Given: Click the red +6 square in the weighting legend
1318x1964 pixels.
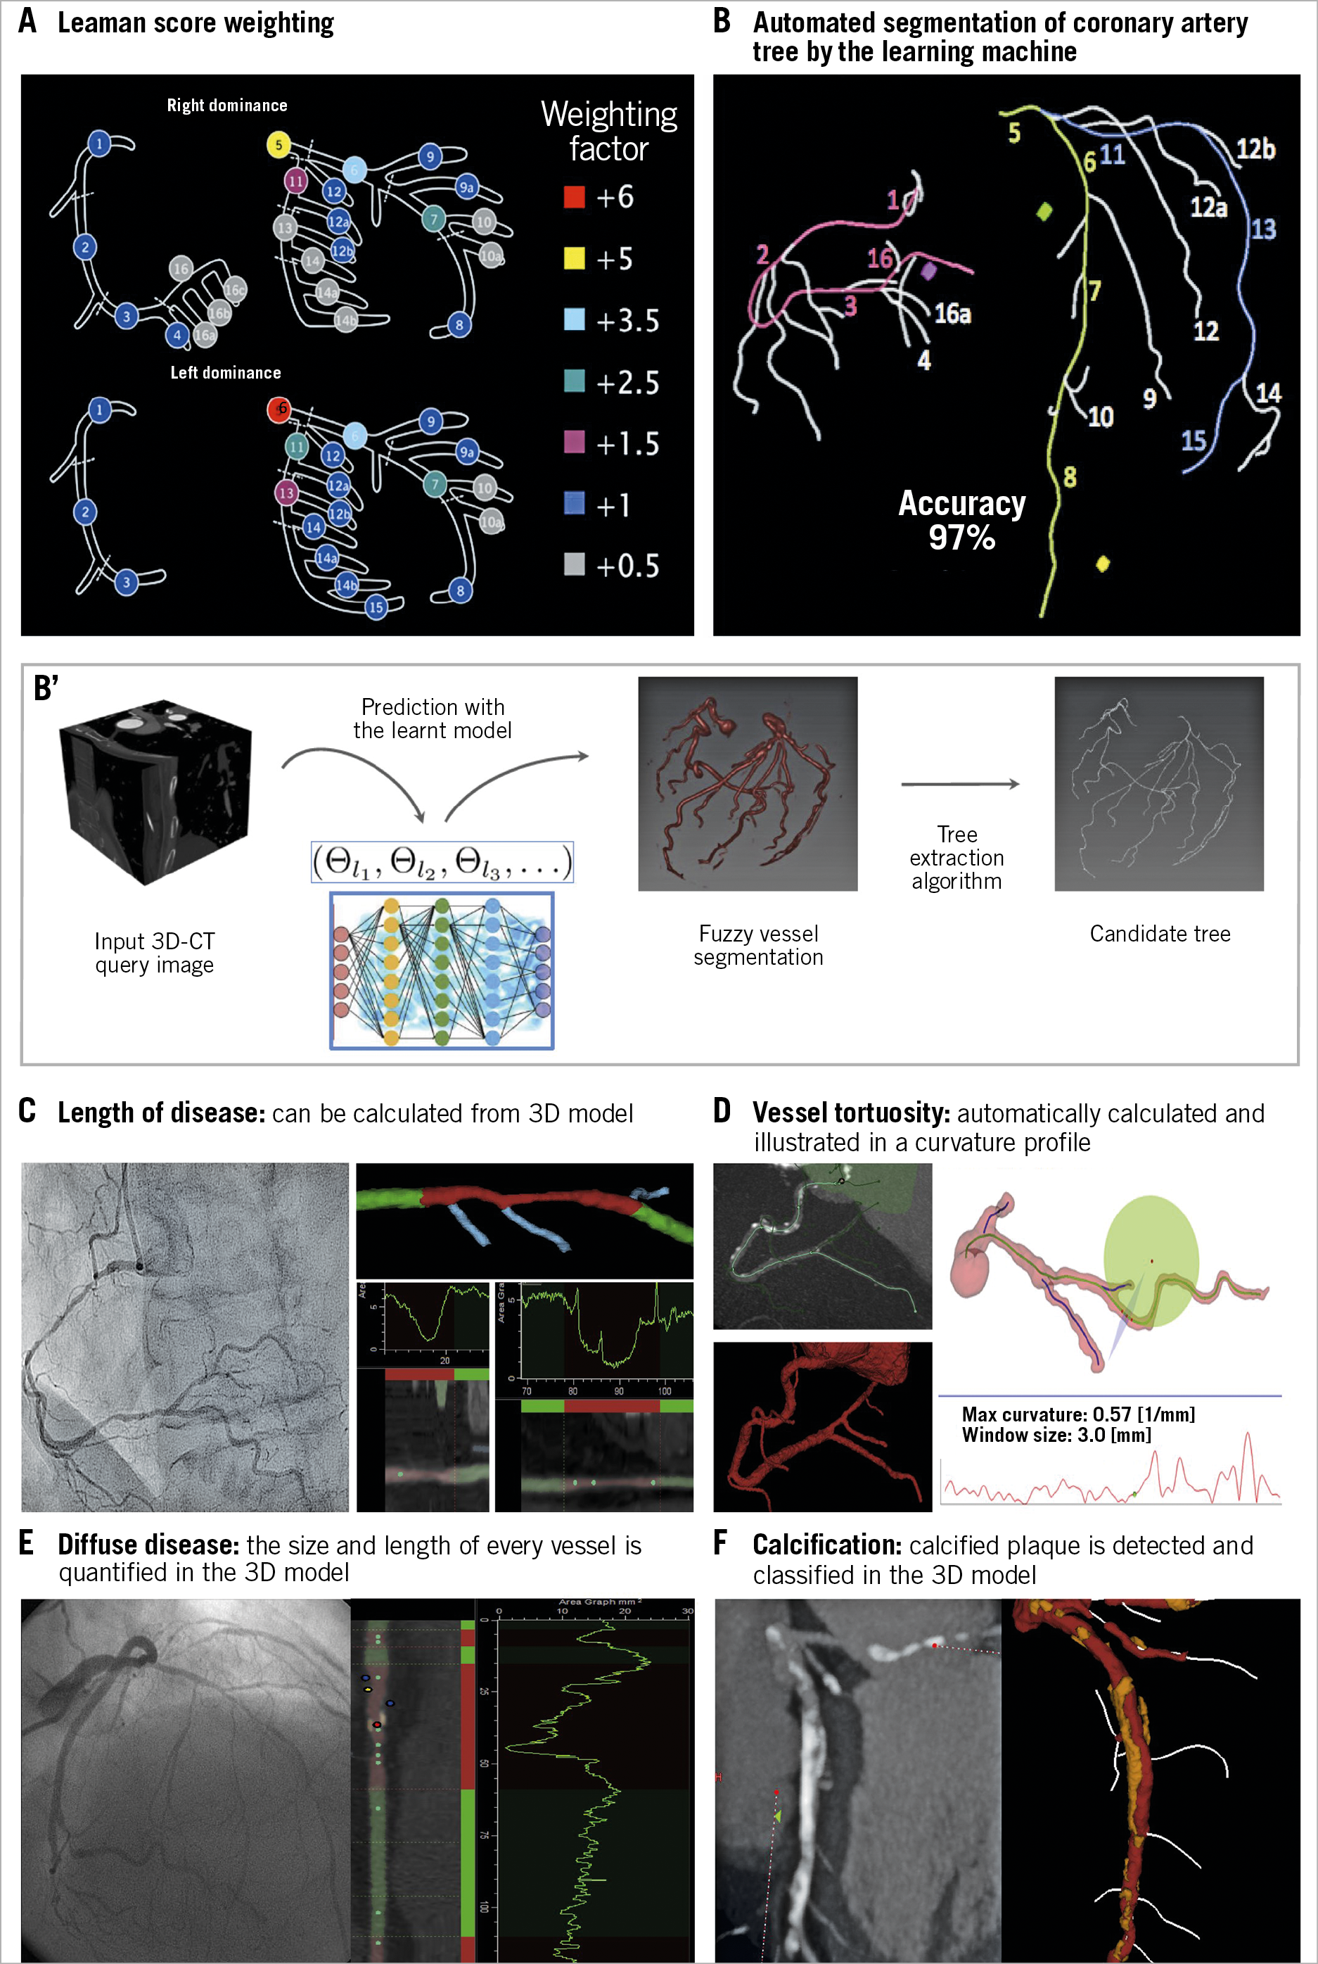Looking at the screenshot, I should click(574, 198).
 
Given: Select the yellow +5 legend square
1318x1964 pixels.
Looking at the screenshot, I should click(574, 259).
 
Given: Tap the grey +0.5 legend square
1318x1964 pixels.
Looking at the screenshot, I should click(574, 564).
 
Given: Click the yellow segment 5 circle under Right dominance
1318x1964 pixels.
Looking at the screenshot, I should click(279, 145).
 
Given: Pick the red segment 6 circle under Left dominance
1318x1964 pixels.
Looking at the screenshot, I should click(279, 410).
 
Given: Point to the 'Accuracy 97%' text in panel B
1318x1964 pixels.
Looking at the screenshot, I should click(961, 519).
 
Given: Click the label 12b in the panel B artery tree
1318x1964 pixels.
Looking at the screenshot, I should click(1254, 150).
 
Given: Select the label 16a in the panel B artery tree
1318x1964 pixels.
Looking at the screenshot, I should click(952, 314).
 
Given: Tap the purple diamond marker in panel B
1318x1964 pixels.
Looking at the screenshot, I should click(928, 271).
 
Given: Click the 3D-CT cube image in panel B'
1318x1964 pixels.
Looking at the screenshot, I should click(155, 791).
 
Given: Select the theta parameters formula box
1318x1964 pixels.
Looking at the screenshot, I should click(442, 862).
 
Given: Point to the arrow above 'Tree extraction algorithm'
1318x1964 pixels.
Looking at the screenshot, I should click(960, 784).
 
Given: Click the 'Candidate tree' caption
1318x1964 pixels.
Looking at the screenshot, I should click(1159, 933).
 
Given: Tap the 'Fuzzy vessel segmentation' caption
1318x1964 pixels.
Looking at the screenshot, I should click(758, 945).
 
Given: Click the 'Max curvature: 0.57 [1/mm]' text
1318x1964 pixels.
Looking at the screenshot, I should click(1077, 1414).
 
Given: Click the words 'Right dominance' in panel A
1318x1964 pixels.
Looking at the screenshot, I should click(227, 105).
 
